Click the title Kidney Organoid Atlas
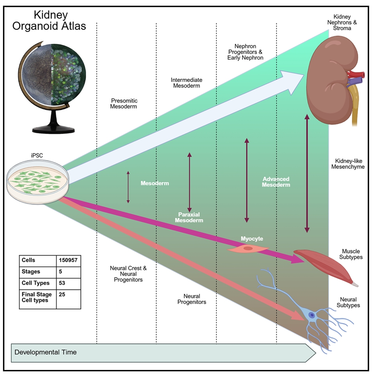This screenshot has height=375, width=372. (x=49, y=20)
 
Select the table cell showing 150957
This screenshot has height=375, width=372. (x=68, y=260)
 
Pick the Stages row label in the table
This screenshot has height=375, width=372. (x=31, y=272)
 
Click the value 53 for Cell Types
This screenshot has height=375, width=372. (x=62, y=283)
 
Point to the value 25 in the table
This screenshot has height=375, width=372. (x=62, y=295)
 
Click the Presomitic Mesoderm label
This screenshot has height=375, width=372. (x=124, y=103)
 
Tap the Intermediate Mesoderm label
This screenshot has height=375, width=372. (x=187, y=83)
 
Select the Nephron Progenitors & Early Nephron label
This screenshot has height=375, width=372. (x=245, y=52)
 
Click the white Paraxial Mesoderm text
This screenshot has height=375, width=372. (x=189, y=217)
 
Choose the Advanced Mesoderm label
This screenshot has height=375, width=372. (x=276, y=182)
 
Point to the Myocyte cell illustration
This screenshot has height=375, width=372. (x=248, y=248)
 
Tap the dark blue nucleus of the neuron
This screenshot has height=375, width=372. (x=311, y=315)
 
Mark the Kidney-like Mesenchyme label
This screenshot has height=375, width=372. (x=348, y=164)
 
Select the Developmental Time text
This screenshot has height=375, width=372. (x=46, y=352)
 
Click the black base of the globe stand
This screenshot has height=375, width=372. (x=54, y=126)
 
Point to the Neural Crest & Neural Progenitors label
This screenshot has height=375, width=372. (x=128, y=274)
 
